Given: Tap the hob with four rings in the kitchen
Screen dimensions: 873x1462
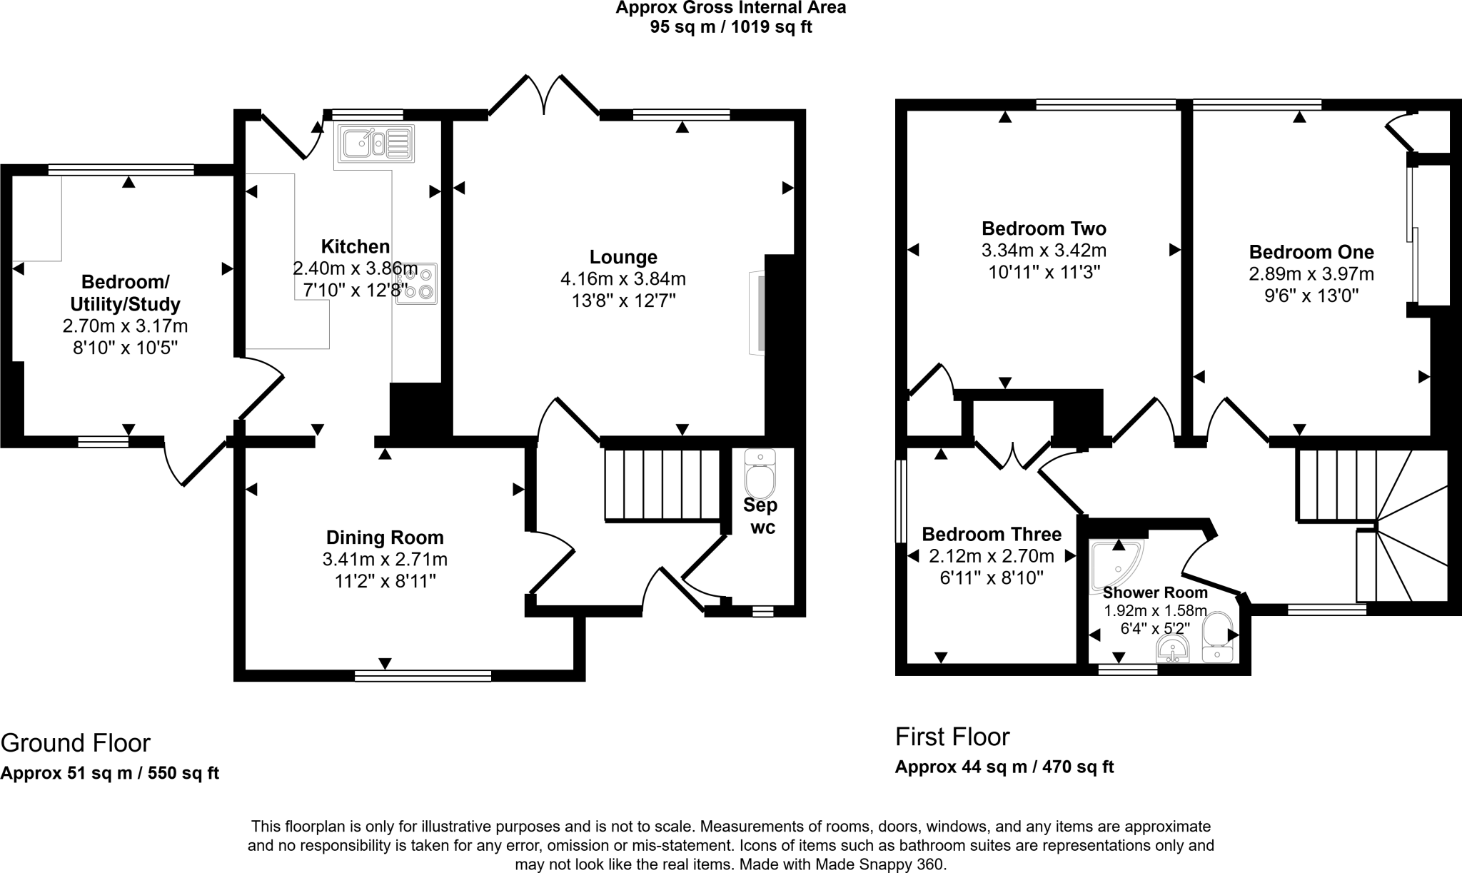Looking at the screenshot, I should pyautogui.click(x=417, y=283).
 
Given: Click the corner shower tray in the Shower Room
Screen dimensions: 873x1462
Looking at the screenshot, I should pyautogui.click(x=1115, y=566).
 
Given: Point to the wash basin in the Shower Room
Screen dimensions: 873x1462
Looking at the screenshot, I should pyautogui.click(x=1172, y=650).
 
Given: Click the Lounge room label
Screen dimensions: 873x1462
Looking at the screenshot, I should pyautogui.click(x=623, y=257).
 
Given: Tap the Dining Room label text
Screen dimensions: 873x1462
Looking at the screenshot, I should pyautogui.click(x=385, y=538).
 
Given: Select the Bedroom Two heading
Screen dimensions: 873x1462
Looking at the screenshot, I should pyautogui.click(x=1044, y=228).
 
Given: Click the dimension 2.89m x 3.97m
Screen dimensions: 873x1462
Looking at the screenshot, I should pyautogui.click(x=1311, y=274).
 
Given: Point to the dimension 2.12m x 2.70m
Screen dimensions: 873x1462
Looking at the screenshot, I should pyautogui.click(x=992, y=556).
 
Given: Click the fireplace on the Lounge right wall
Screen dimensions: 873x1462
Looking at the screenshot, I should pyautogui.click(x=757, y=313).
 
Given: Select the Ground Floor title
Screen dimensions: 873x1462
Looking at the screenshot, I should pyautogui.click(x=76, y=743).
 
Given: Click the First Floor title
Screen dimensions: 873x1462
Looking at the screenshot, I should pyautogui.click(x=952, y=736).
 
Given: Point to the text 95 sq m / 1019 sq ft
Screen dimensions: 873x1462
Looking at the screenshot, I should pyautogui.click(x=731, y=28).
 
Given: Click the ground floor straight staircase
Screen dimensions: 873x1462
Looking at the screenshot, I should pyautogui.click(x=662, y=485).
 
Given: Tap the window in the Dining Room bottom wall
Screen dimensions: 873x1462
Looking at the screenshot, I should pyautogui.click(x=423, y=675).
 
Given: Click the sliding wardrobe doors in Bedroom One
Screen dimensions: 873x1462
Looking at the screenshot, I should pyautogui.click(x=1413, y=236).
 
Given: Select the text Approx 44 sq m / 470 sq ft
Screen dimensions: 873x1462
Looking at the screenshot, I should pyautogui.click(x=1004, y=767).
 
